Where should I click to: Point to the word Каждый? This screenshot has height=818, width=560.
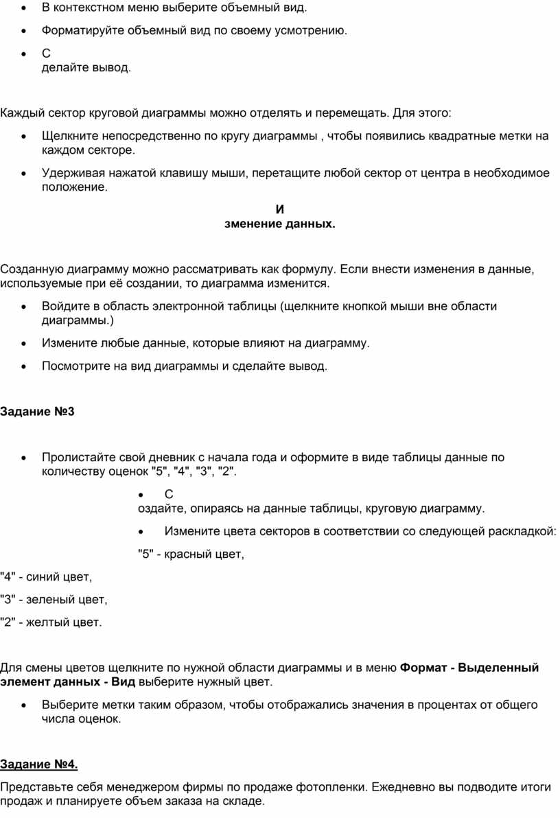tap(21, 112)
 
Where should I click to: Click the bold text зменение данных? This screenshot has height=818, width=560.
tap(280, 224)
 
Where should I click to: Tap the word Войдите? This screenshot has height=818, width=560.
tap(64, 306)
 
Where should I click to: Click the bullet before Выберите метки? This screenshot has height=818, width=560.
tap(25, 705)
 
